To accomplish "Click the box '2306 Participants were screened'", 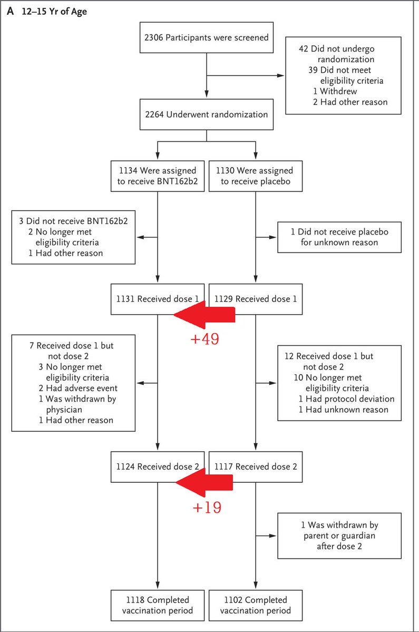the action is tap(206, 37).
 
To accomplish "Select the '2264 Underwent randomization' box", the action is tap(206, 114).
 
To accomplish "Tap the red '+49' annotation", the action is tap(205, 339).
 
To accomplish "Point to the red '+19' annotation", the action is tap(207, 507).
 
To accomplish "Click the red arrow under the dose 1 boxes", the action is tap(204, 315).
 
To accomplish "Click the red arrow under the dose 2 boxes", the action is tap(204, 482).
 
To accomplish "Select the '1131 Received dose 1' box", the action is tap(158, 299).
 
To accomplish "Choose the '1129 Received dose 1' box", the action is tap(256, 299).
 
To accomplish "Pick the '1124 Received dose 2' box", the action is tap(158, 466).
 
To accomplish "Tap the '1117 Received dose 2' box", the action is tap(256, 466).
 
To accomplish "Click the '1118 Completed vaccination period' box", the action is tap(158, 606).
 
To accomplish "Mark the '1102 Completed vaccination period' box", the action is tap(256, 606).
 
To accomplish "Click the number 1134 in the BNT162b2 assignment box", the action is tap(128, 170).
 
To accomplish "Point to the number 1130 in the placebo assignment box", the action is tap(225, 170).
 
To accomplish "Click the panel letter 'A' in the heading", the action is tap(11, 11).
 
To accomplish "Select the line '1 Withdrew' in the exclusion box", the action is tap(335, 91).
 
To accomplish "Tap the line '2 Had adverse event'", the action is tap(78, 388).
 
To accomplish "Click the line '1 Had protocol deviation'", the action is tap(346, 398).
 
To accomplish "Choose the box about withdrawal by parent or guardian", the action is tap(339, 536).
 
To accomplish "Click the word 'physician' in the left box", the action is tap(64, 410).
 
